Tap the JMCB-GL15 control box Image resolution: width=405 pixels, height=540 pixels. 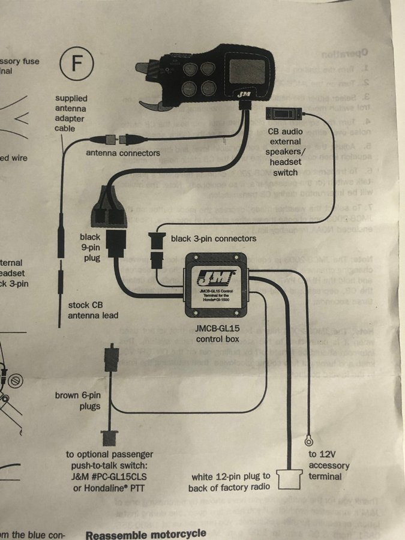(217, 286)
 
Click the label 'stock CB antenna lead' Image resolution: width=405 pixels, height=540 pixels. (93, 310)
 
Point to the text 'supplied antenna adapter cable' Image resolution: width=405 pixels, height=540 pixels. (71, 113)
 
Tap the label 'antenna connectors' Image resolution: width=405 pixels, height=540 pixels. (123, 153)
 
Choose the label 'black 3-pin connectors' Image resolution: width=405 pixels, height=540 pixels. (214, 239)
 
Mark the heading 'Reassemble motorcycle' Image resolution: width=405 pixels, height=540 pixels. (146, 533)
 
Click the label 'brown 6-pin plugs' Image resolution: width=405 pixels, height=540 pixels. (77, 400)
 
